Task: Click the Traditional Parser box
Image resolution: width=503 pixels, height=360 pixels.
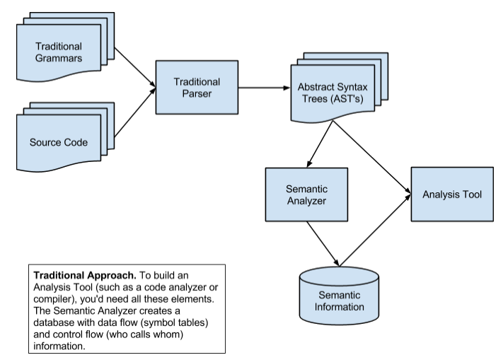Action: [x=197, y=87]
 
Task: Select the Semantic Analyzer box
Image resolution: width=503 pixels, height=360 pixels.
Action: [x=306, y=194]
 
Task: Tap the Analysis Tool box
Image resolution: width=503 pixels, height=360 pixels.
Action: [x=452, y=194]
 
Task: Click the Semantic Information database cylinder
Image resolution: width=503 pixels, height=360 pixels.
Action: [x=339, y=296]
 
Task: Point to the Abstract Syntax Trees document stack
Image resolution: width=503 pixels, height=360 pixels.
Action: [x=340, y=88]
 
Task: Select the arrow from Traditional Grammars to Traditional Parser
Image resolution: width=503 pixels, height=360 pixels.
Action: [x=135, y=67]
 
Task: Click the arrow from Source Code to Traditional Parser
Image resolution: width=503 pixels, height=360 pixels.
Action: [x=135, y=112]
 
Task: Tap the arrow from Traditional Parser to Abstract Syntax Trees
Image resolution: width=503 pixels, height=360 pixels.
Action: [x=265, y=88]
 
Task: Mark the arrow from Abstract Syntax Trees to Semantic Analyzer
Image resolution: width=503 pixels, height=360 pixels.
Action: [x=320, y=144]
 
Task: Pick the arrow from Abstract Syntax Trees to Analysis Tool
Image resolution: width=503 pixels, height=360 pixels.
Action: [x=372, y=158]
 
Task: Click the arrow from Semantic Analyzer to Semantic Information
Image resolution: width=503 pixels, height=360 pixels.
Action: [x=323, y=244]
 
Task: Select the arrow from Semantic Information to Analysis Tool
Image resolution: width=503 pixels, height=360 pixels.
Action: [x=376, y=230]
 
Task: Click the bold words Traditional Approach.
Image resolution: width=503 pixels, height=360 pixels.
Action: [x=85, y=275]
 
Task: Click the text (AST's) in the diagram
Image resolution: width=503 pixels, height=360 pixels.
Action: [x=347, y=99]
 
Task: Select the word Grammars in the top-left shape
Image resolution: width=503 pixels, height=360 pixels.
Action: [x=59, y=58]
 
